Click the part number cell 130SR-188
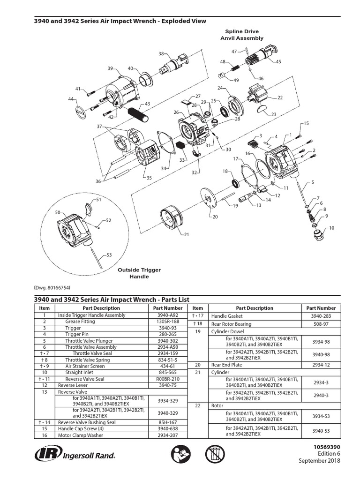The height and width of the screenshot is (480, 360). click(x=168, y=322)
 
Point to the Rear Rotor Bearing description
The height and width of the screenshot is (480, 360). click(x=231, y=324)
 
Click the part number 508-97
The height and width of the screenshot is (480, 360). click(x=321, y=324)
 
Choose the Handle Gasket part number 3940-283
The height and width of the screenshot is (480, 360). click(x=321, y=316)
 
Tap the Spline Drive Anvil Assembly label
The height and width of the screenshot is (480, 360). click(x=240, y=35)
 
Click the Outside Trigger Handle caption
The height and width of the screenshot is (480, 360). click(x=139, y=273)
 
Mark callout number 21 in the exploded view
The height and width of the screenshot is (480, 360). click(x=187, y=234)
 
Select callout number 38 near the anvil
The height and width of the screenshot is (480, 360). click(x=161, y=54)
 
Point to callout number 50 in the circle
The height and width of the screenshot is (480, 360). click(x=58, y=212)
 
